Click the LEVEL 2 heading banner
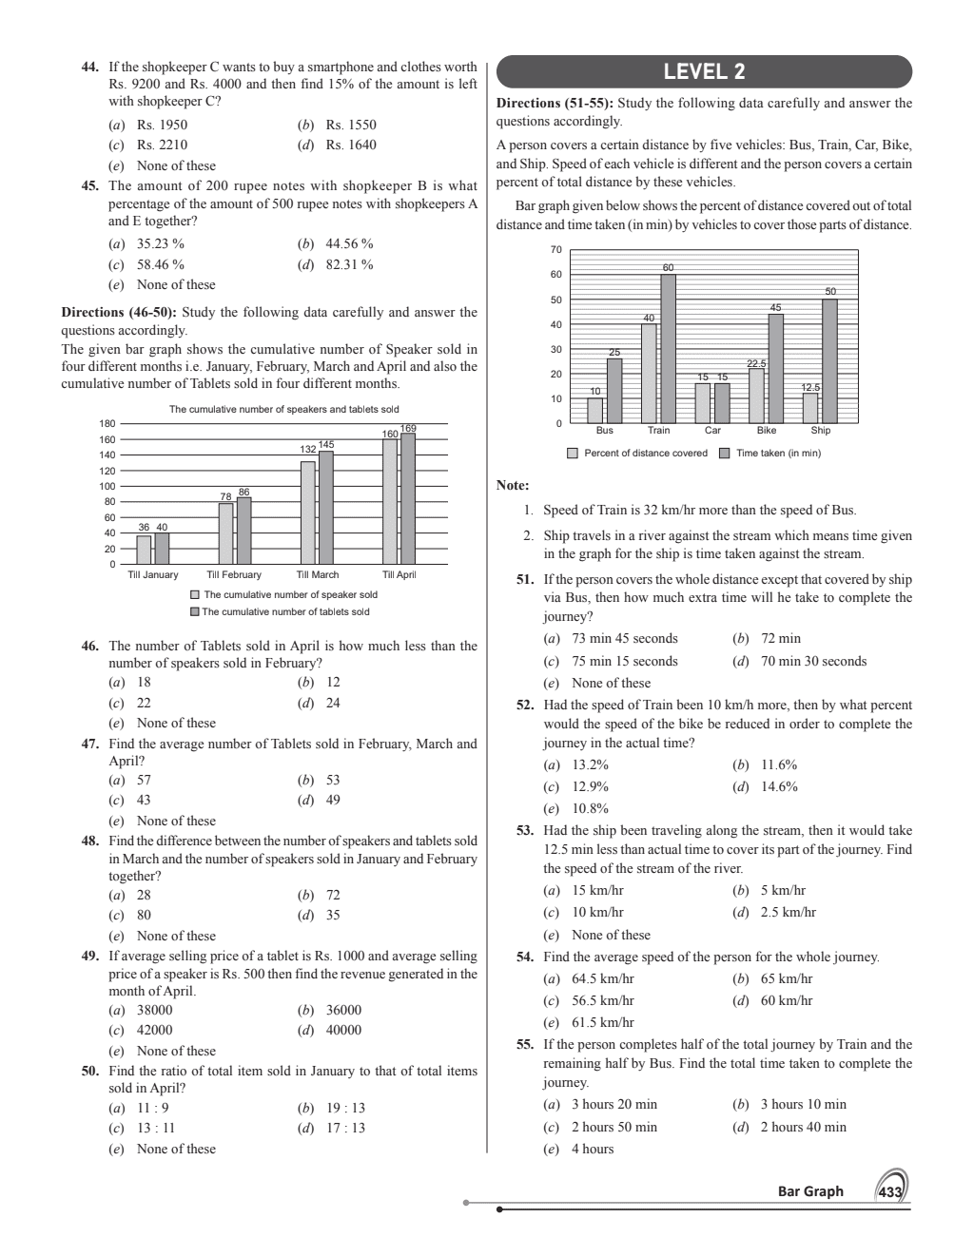pos(704,71)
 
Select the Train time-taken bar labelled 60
pos(669,349)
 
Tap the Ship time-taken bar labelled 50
pos(829,361)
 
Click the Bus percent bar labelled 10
pos(594,410)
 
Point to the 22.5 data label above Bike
pos(756,363)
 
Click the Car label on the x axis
pos(712,431)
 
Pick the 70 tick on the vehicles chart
pos(556,250)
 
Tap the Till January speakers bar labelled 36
pos(144,551)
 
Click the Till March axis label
pos(318,574)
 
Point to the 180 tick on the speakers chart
pos(107,424)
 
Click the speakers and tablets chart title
pos(283,410)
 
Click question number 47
pos(90,745)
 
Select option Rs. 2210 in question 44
pos(161,145)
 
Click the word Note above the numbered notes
pos(513,486)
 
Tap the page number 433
pos(890,1192)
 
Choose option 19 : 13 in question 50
pos(344,1108)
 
